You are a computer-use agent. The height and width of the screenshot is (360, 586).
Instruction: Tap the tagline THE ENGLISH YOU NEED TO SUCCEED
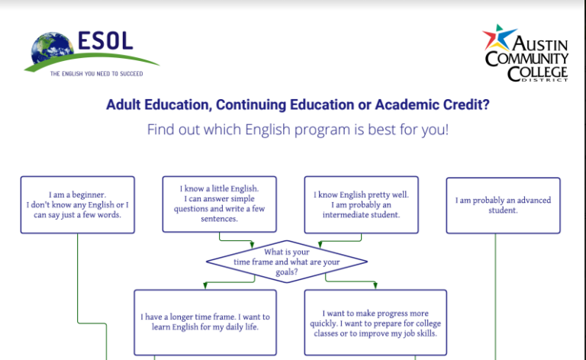(x=96, y=74)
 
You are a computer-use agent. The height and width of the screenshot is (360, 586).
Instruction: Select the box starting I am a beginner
(x=78, y=204)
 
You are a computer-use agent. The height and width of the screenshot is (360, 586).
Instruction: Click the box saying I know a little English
(x=220, y=204)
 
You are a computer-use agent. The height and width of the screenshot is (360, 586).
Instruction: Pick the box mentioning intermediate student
(x=362, y=204)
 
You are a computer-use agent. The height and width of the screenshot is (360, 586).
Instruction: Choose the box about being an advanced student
(x=503, y=205)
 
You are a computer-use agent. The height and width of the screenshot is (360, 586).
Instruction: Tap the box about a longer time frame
(x=205, y=322)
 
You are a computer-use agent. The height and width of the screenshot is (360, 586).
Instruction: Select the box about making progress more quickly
(x=375, y=323)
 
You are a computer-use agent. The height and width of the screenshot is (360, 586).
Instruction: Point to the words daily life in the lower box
(x=241, y=327)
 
